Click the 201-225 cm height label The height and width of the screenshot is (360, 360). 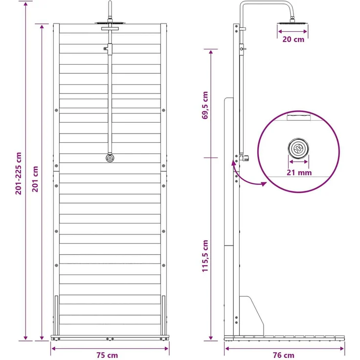coord(19,173)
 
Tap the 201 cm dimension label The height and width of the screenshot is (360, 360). coord(35,179)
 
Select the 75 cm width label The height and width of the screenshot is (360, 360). coord(107,355)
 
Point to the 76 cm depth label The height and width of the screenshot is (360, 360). coord(284,355)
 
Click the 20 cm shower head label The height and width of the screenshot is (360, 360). coord(293,39)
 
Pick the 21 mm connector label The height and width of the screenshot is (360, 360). coord(299,173)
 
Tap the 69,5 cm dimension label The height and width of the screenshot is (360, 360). coord(205,105)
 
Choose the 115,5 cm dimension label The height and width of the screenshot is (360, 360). coord(205,256)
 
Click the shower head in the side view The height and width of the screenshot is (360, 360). coord(292,22)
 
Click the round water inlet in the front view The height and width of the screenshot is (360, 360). coord(110,158)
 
